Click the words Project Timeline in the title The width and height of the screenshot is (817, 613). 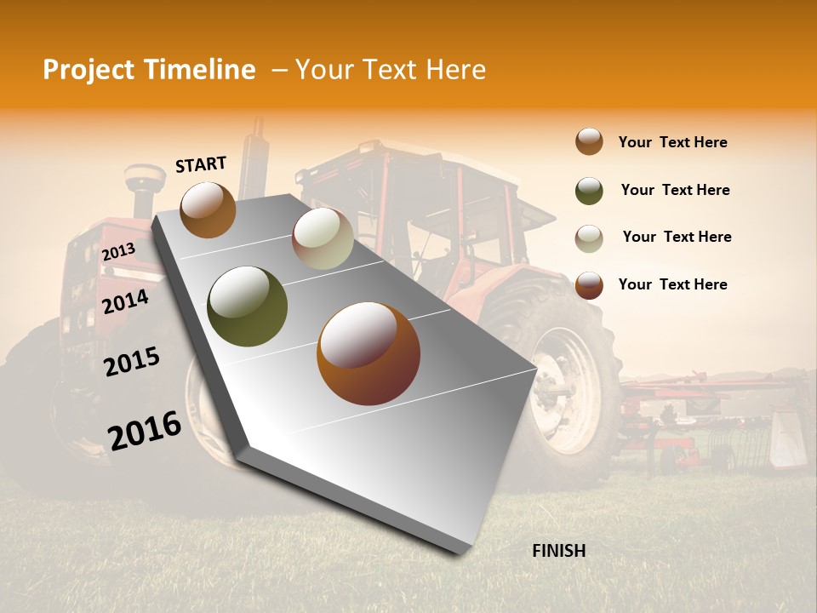point(149,70)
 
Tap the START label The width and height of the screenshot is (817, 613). point(201,164)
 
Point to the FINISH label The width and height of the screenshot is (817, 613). point(558,551)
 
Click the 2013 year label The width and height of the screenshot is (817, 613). point(118,252)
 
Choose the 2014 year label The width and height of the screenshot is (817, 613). point(125,301)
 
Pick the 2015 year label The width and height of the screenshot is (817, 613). point(132,362)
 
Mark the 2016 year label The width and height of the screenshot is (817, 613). point(145,431)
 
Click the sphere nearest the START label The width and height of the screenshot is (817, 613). point(208,209)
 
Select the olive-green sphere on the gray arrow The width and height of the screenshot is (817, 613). point(248,306)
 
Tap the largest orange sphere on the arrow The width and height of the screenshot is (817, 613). point(369,353)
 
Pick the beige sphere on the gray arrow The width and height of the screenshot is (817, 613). point(323,238)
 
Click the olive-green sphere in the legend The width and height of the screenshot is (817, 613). point(589,191)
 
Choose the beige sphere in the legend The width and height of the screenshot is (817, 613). point(589,238)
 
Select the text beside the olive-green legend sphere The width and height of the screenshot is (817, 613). point(675,190)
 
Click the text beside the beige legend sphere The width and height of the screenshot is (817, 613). point(677,237)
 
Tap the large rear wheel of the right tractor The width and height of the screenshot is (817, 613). point(566,375)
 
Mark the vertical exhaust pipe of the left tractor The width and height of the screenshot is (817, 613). point(252,158)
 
